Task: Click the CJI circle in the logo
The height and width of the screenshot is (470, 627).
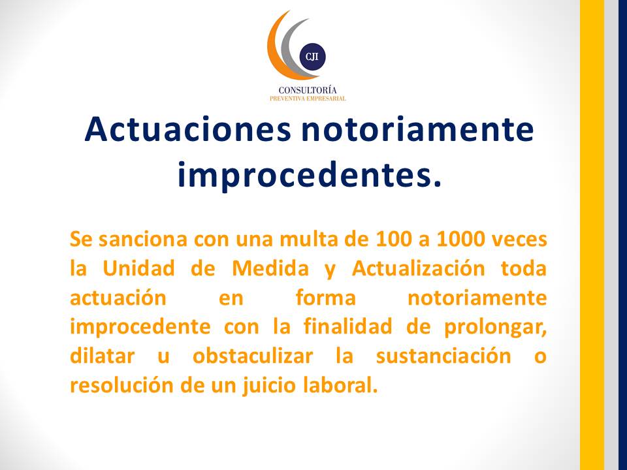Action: (x=312, y=57)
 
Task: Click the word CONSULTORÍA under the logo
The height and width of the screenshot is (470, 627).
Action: (x=308, y=90)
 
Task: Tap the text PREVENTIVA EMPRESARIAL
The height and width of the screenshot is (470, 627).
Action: (x=308, y=99)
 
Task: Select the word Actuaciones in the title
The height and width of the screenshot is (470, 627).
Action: (x=188, y=129)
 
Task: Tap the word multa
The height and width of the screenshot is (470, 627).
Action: (x=305, y=239)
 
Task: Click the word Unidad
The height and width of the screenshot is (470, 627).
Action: (x=138, y=268)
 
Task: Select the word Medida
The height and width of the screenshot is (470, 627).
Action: (x=270, y=268)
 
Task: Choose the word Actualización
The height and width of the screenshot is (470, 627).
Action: (x=418, y=268)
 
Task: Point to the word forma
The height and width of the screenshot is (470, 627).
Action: (x=325, y=298)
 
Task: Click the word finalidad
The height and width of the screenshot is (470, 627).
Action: (x=348, y=326)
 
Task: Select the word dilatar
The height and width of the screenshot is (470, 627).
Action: (x=102, y=356)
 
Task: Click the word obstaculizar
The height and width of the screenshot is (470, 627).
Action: (x=253, y=356)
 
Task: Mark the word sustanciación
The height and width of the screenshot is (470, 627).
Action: (x=443, y=356)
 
